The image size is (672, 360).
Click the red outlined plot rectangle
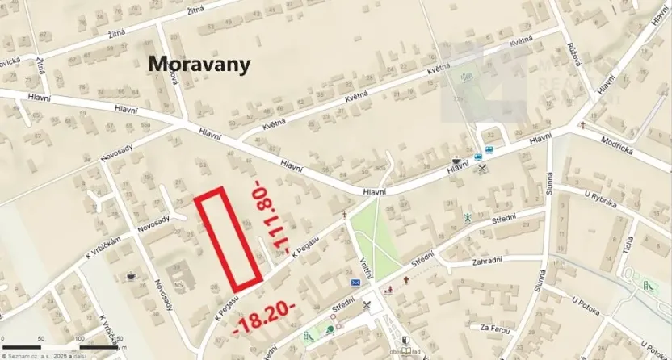230,239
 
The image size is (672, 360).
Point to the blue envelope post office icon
355,283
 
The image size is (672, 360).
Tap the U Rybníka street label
601,198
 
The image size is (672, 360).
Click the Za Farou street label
496,328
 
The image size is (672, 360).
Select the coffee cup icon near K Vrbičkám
132,277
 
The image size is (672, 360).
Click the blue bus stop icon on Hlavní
478,157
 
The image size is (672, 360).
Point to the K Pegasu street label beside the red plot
309,242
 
